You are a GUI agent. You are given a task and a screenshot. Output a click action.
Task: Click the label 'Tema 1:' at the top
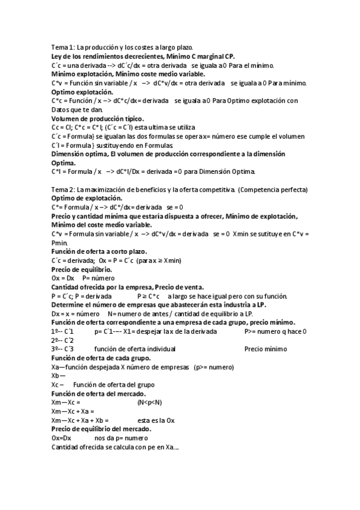(63, 48)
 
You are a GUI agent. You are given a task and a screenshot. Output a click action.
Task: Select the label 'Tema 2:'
(63, 190)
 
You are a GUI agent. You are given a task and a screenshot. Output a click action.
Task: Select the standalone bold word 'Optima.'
(66, 163)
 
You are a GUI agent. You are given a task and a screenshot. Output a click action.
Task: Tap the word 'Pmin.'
(61, 242)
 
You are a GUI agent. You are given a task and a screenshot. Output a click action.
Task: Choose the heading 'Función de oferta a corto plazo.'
(99, 251)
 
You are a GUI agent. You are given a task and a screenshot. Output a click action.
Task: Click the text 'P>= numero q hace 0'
(275, 331)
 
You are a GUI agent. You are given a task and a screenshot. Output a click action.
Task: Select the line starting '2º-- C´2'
(63, 340)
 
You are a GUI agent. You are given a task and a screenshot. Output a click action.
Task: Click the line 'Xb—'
(58, 376)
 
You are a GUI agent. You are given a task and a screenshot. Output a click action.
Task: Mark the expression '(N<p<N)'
(150, 402)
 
